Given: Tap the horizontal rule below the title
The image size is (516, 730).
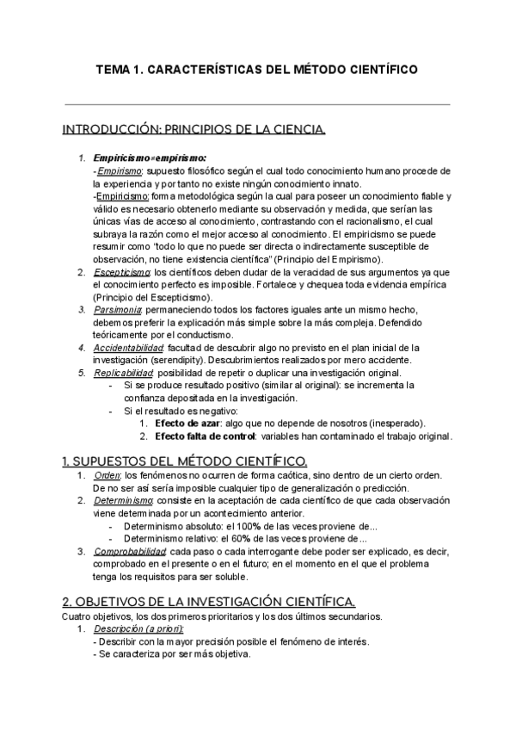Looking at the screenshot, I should pyautogui.click(x=257, y=105).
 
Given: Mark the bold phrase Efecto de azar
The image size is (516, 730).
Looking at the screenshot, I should pyautogui.click(x=185, y=424).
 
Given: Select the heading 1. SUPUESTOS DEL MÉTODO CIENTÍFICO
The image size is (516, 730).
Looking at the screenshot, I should pyautogui.click(x=185, y=461).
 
